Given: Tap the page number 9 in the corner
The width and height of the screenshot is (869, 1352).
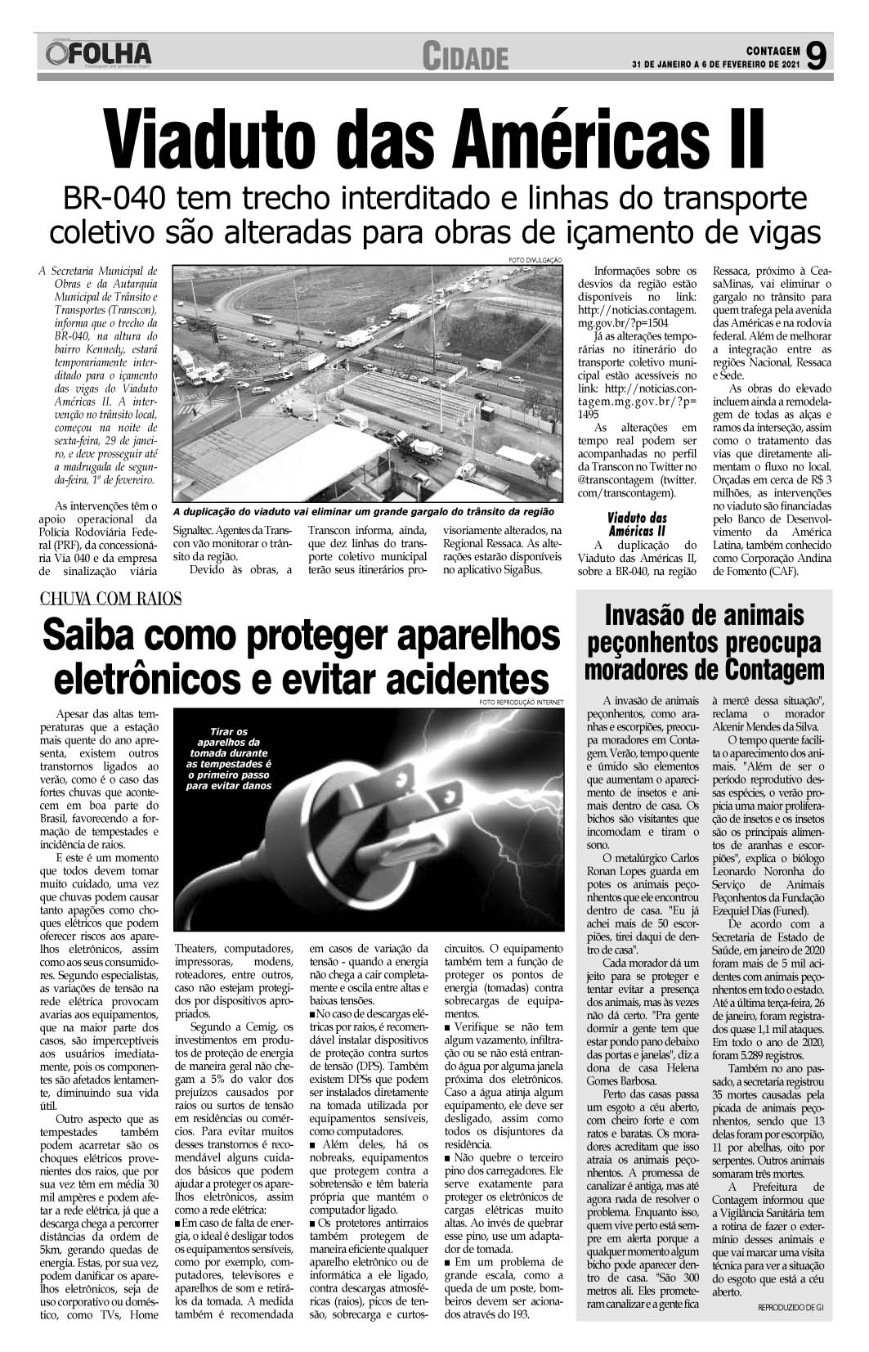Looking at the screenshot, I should click(816, 56).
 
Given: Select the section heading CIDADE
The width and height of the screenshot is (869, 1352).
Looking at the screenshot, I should click(465, 57).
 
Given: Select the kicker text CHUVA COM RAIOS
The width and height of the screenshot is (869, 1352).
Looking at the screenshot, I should click(111, 598).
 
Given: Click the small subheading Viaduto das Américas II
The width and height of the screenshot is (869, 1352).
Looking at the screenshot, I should click(638, 524).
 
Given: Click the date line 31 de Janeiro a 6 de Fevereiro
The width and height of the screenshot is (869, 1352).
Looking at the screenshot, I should click(714, 65).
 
